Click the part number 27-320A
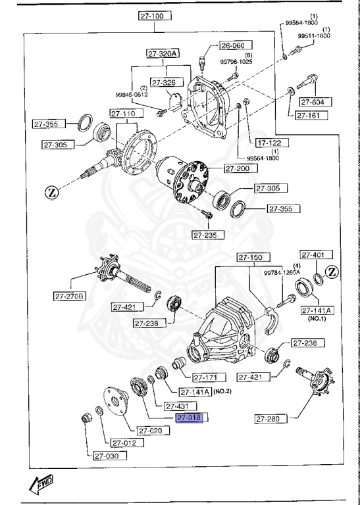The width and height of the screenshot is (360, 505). [x=162, y=55]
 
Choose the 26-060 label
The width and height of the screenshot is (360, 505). [x=232, y=46]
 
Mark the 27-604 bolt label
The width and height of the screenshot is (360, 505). [x=316, y=102]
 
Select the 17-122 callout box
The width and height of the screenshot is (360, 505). [x=269, y=142]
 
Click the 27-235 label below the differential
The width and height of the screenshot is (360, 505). [x=208, y=235]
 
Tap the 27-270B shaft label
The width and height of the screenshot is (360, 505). [x=70, y=296]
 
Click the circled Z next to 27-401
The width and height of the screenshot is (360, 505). [x=332, y=272]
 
